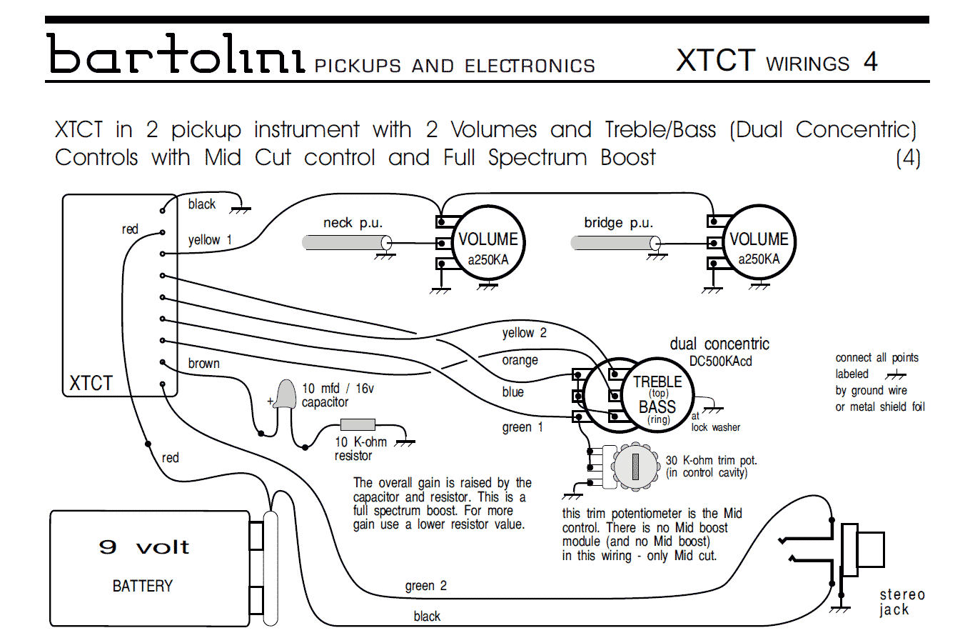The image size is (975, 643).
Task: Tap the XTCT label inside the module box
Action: [x=91, y=383]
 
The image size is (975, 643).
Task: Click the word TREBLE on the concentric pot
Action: [x=657, y=382]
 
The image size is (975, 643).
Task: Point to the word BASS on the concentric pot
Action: [x=657, y=407]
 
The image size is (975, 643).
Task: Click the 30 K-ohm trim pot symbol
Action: [x=635, y=467]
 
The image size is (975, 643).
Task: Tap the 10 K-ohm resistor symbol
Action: [x=358, y=424]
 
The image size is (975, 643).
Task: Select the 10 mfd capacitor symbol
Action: [x=286, y=394]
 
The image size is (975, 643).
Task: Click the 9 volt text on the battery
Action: [x=143, y=547]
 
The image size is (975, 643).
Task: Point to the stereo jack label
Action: [x=901, y=602]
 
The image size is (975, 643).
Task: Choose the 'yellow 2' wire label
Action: [x=524, y=333]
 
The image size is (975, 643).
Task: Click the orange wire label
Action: [x=520, y=360]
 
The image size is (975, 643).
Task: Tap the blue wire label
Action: [x=512, y=392]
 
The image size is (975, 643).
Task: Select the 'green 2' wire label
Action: [x=425, y=586]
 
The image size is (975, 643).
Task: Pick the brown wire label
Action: [x=203, y=363]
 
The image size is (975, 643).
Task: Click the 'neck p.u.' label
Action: [x=353, y=223]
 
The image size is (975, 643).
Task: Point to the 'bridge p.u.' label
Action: [x=618, y=223]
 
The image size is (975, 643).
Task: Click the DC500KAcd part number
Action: [x=720, y=362]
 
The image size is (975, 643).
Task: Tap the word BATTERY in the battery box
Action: [x=142, y=586]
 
